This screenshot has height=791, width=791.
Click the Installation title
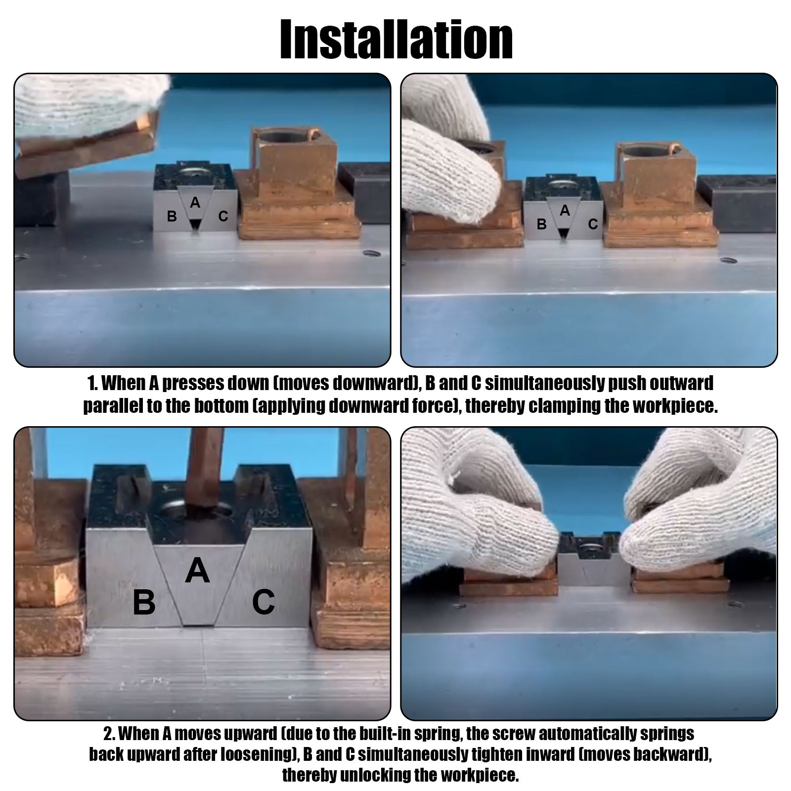pyautogui.click(x=396, y=40)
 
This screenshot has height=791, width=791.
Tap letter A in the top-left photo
pyautogui.click(x=195, y=202)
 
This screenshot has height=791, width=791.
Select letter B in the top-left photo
pyautogui.click(x=172, y=216)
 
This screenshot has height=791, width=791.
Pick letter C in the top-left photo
pyautogui.click(x=223, y=216)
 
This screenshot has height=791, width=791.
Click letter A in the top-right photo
pyautogui.click(x=565, y=211)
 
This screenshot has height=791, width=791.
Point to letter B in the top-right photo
pyautogui.click(x=542, y=224)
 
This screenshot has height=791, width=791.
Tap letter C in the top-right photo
pyautogui.click(x=593, y=224)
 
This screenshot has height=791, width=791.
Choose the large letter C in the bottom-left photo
pyautogui.click(x=264, y=602)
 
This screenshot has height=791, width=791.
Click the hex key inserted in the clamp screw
pyautogui.click(x=204, y=470)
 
